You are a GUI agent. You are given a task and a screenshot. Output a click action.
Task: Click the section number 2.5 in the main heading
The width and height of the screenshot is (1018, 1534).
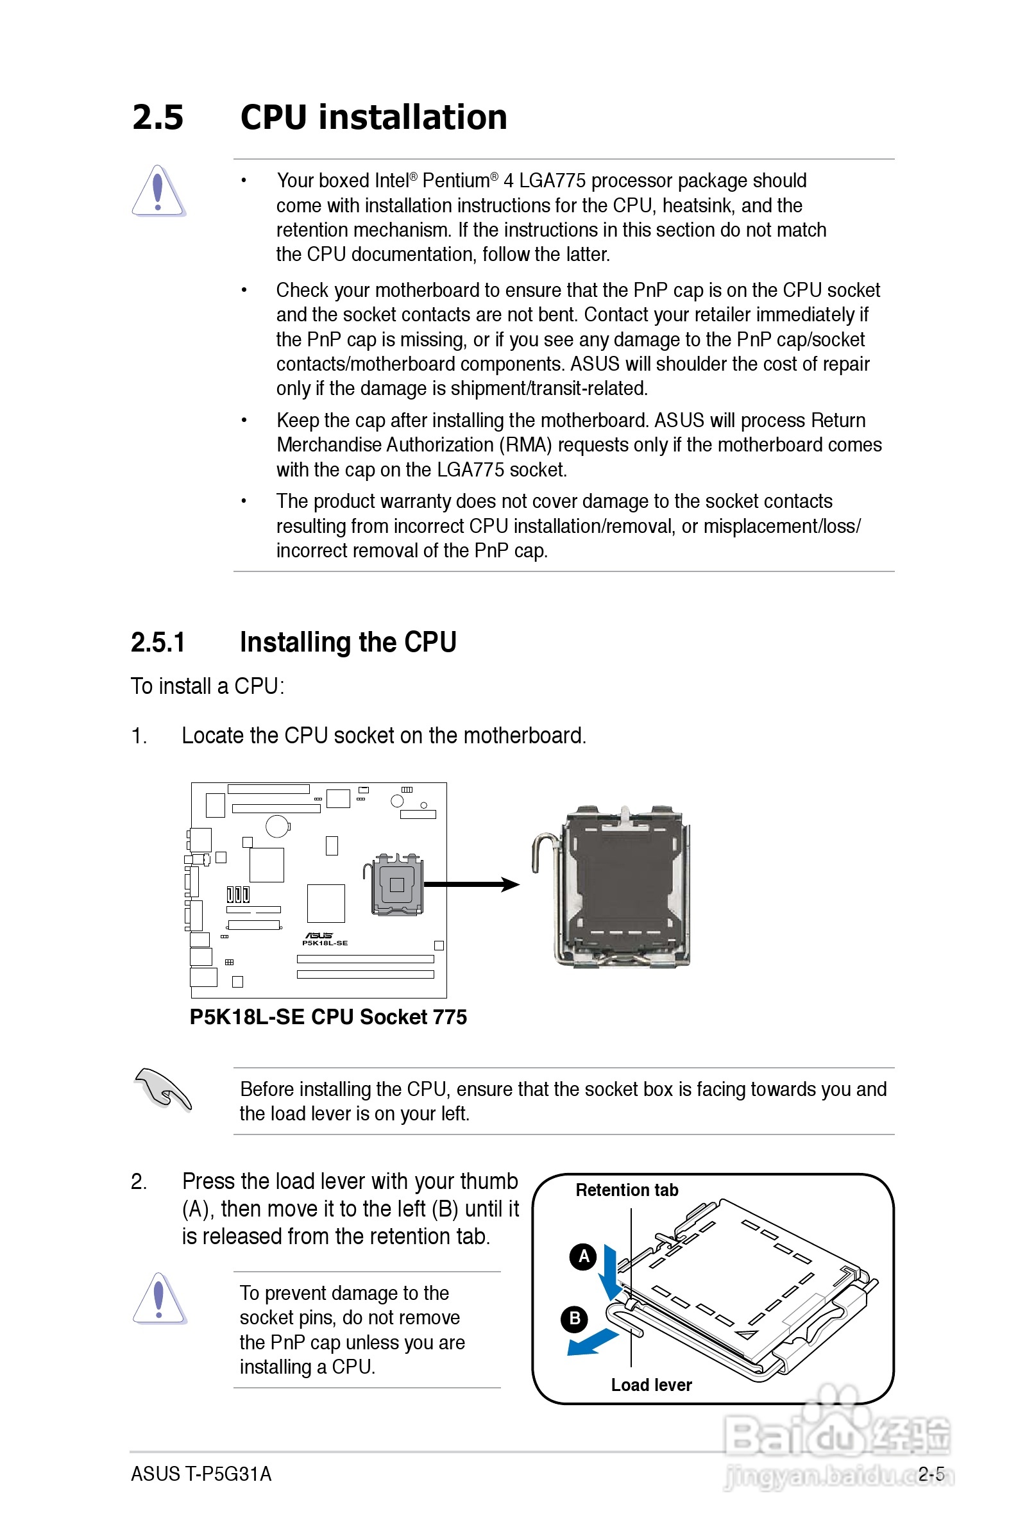158,117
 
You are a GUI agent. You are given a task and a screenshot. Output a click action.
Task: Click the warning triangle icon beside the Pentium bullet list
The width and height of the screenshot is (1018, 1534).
158,190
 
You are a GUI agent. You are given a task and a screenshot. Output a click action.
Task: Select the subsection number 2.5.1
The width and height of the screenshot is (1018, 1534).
158,643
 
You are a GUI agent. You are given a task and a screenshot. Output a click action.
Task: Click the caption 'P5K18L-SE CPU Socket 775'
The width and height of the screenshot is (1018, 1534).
328,1017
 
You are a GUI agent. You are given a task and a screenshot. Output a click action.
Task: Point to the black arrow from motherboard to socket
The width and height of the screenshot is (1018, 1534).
471,884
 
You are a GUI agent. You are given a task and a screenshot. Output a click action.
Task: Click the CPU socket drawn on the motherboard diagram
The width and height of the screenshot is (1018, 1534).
396,884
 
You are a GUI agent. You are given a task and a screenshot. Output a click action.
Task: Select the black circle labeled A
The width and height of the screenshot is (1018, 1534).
583,1257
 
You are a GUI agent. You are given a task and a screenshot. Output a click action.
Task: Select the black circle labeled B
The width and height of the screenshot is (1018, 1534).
574,1319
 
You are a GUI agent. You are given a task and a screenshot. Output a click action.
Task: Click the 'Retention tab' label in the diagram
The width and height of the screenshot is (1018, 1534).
627,1190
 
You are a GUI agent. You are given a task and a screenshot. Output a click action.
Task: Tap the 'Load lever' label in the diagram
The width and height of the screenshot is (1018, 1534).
651,1385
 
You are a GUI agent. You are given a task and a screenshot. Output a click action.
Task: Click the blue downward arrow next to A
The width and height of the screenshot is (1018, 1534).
609,1272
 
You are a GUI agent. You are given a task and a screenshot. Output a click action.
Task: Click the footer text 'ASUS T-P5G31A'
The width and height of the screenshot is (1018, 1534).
201,1474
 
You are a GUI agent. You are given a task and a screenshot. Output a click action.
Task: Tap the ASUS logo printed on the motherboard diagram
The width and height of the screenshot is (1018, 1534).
319,936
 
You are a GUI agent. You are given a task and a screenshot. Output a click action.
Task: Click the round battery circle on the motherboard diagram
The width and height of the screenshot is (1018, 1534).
277,826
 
